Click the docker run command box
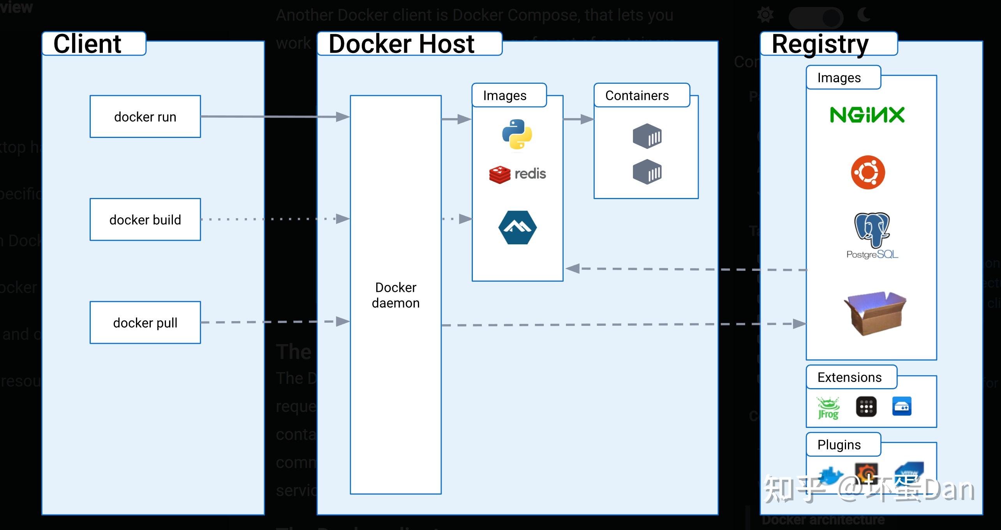(145, 117)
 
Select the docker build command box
(145, 219)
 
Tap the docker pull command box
(145, 322)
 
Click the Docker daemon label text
(395, 295)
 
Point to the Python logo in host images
(517, 134)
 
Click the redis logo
(517, 174)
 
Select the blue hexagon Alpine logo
(517, 228)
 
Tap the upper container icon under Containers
(647, 136)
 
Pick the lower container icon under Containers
(647, 171)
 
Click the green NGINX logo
(867, 115)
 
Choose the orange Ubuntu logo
(868, 172)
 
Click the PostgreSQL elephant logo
(872, 231)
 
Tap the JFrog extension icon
(828, 408)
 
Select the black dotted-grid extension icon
(866, 407)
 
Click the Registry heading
(820, 44)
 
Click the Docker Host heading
(401, 44)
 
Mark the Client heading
(87, 44)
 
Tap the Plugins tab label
(839, 445)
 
